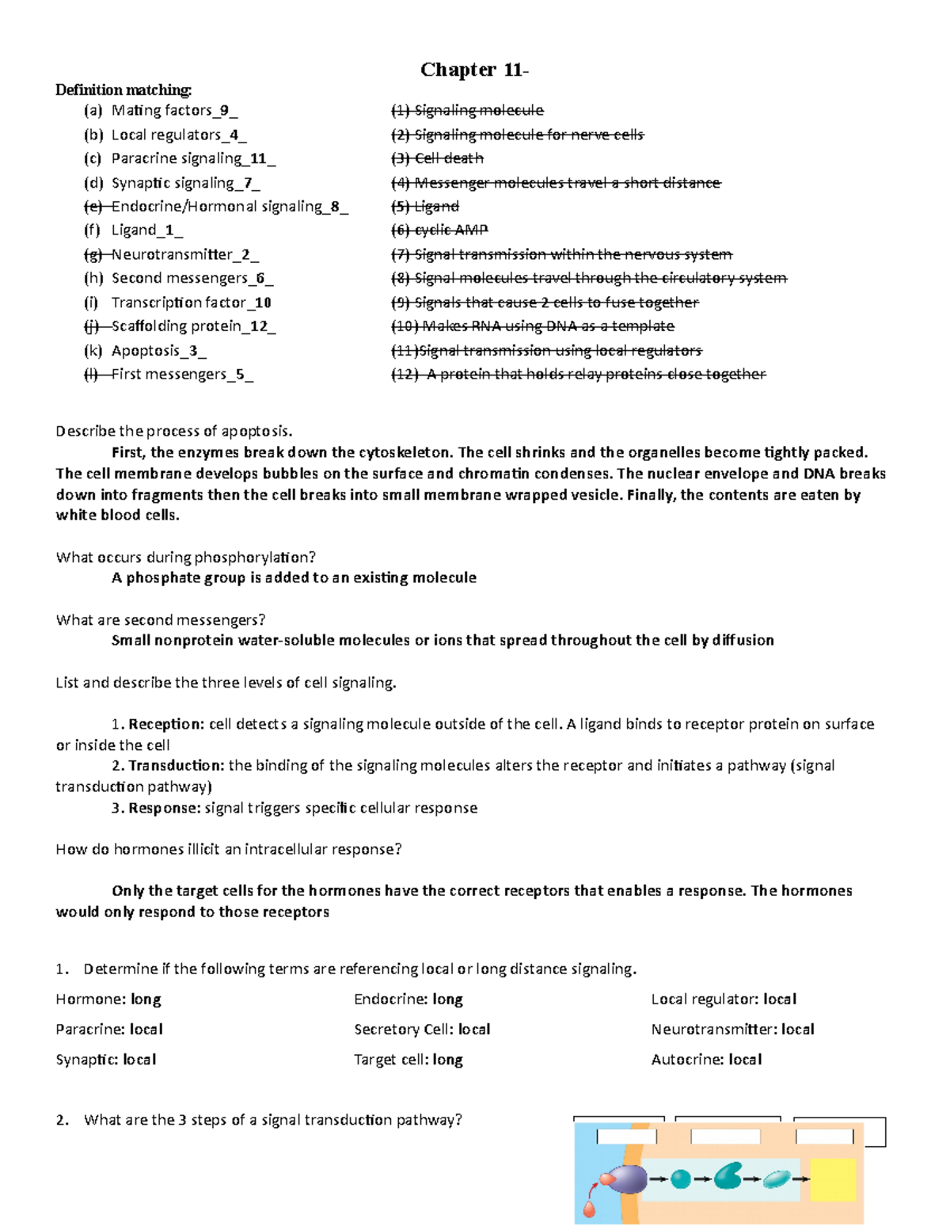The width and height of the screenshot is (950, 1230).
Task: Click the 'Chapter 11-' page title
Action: [473, 70]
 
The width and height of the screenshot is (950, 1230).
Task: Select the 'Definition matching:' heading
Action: [123, 89]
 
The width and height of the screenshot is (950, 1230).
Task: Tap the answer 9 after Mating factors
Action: [225, 111]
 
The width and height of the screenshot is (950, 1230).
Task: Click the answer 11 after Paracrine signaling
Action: [258, 158]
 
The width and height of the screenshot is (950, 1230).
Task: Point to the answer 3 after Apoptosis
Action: [193, 351]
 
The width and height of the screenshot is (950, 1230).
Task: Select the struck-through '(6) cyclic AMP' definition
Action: [439, 230]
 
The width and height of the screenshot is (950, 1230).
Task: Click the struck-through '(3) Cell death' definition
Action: [437, 158]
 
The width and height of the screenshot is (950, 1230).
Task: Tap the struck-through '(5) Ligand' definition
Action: [425, 207]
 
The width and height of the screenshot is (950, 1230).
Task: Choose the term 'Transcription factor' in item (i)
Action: [179, 303]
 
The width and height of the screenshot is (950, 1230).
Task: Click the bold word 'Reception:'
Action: [166, 724]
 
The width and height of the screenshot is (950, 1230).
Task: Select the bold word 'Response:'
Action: [164, 808]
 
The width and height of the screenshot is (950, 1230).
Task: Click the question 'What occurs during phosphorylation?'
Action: [186, 558]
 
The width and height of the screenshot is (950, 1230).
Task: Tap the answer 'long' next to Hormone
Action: [146, 1000]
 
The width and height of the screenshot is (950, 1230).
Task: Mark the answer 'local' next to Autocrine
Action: [745, 1060]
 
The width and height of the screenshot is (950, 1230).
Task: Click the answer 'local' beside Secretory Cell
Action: [474, 1030]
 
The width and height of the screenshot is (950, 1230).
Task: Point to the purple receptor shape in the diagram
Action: [627, 1179]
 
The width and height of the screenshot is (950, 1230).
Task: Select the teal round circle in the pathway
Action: [680, 1179]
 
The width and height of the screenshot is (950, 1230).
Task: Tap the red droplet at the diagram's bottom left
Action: [589, 1209]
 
